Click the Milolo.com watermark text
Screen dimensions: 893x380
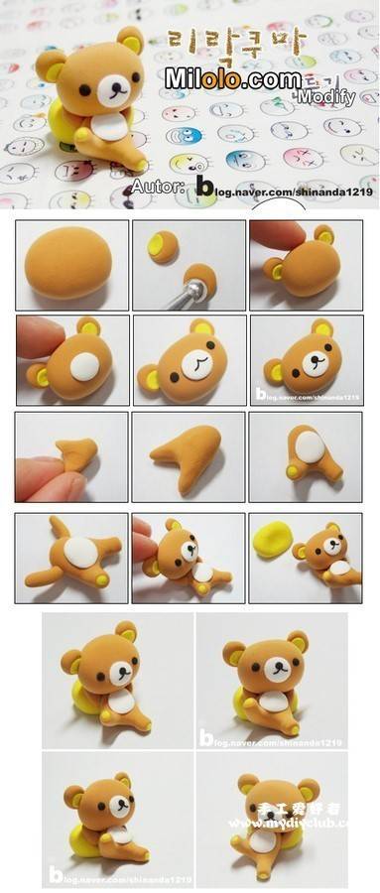pos(233,78)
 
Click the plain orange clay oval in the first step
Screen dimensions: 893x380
pos(71,265)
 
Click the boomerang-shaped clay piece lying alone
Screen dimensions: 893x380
pos(190,454)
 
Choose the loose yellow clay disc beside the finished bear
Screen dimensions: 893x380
pos(273,541)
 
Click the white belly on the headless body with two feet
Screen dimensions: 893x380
pos(309,446)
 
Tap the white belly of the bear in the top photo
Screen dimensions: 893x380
pos(110,126)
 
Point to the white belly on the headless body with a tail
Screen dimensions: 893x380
pos(80,552)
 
